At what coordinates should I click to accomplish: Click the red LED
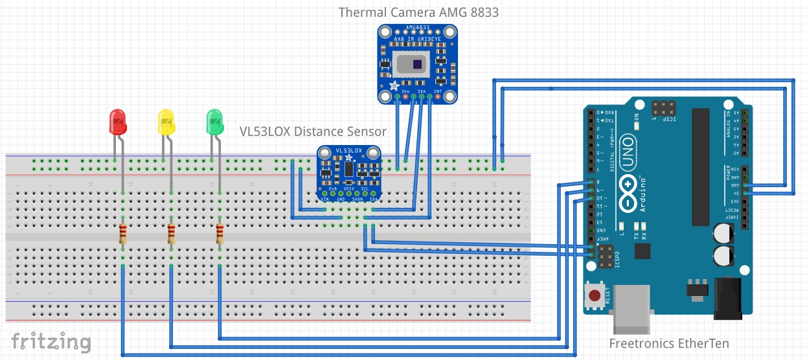pos(117,121)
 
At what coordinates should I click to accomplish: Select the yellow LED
pos(166,122)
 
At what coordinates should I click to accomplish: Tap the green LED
pos(214,121)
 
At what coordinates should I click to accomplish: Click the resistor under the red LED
pos(122,234)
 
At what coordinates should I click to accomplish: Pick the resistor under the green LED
pos(220,234)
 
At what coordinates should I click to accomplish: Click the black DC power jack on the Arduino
pos(731,298)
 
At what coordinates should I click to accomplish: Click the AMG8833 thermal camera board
pos(418,65)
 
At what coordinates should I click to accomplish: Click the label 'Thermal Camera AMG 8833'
pos(418,12)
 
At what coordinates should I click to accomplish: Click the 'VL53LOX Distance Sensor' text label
pos(313,131)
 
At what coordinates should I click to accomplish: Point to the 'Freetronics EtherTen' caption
pos(669,343)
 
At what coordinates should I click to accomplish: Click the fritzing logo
pos(51,341)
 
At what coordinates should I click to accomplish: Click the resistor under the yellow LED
pos(171,234)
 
